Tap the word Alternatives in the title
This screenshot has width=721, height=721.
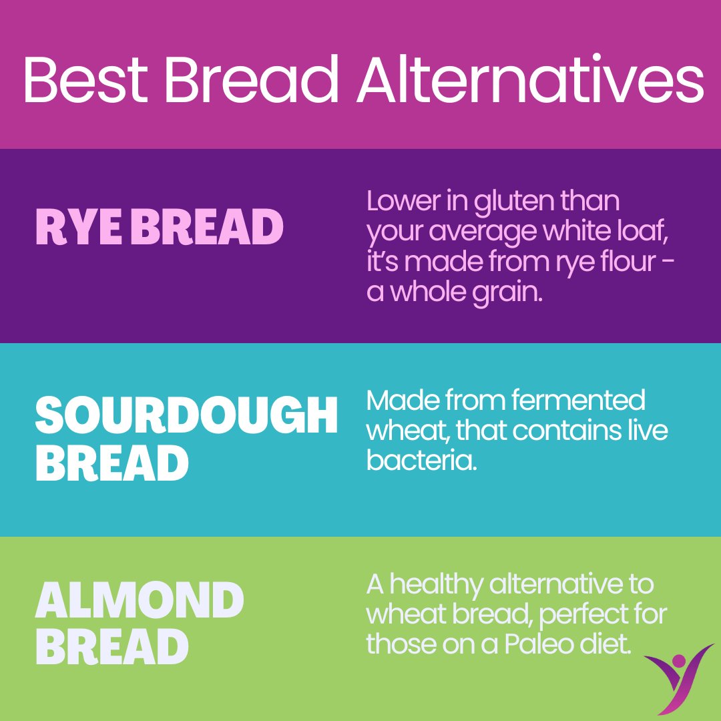[x=530, y=81]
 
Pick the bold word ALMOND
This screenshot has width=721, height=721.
[x=139, y=600]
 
